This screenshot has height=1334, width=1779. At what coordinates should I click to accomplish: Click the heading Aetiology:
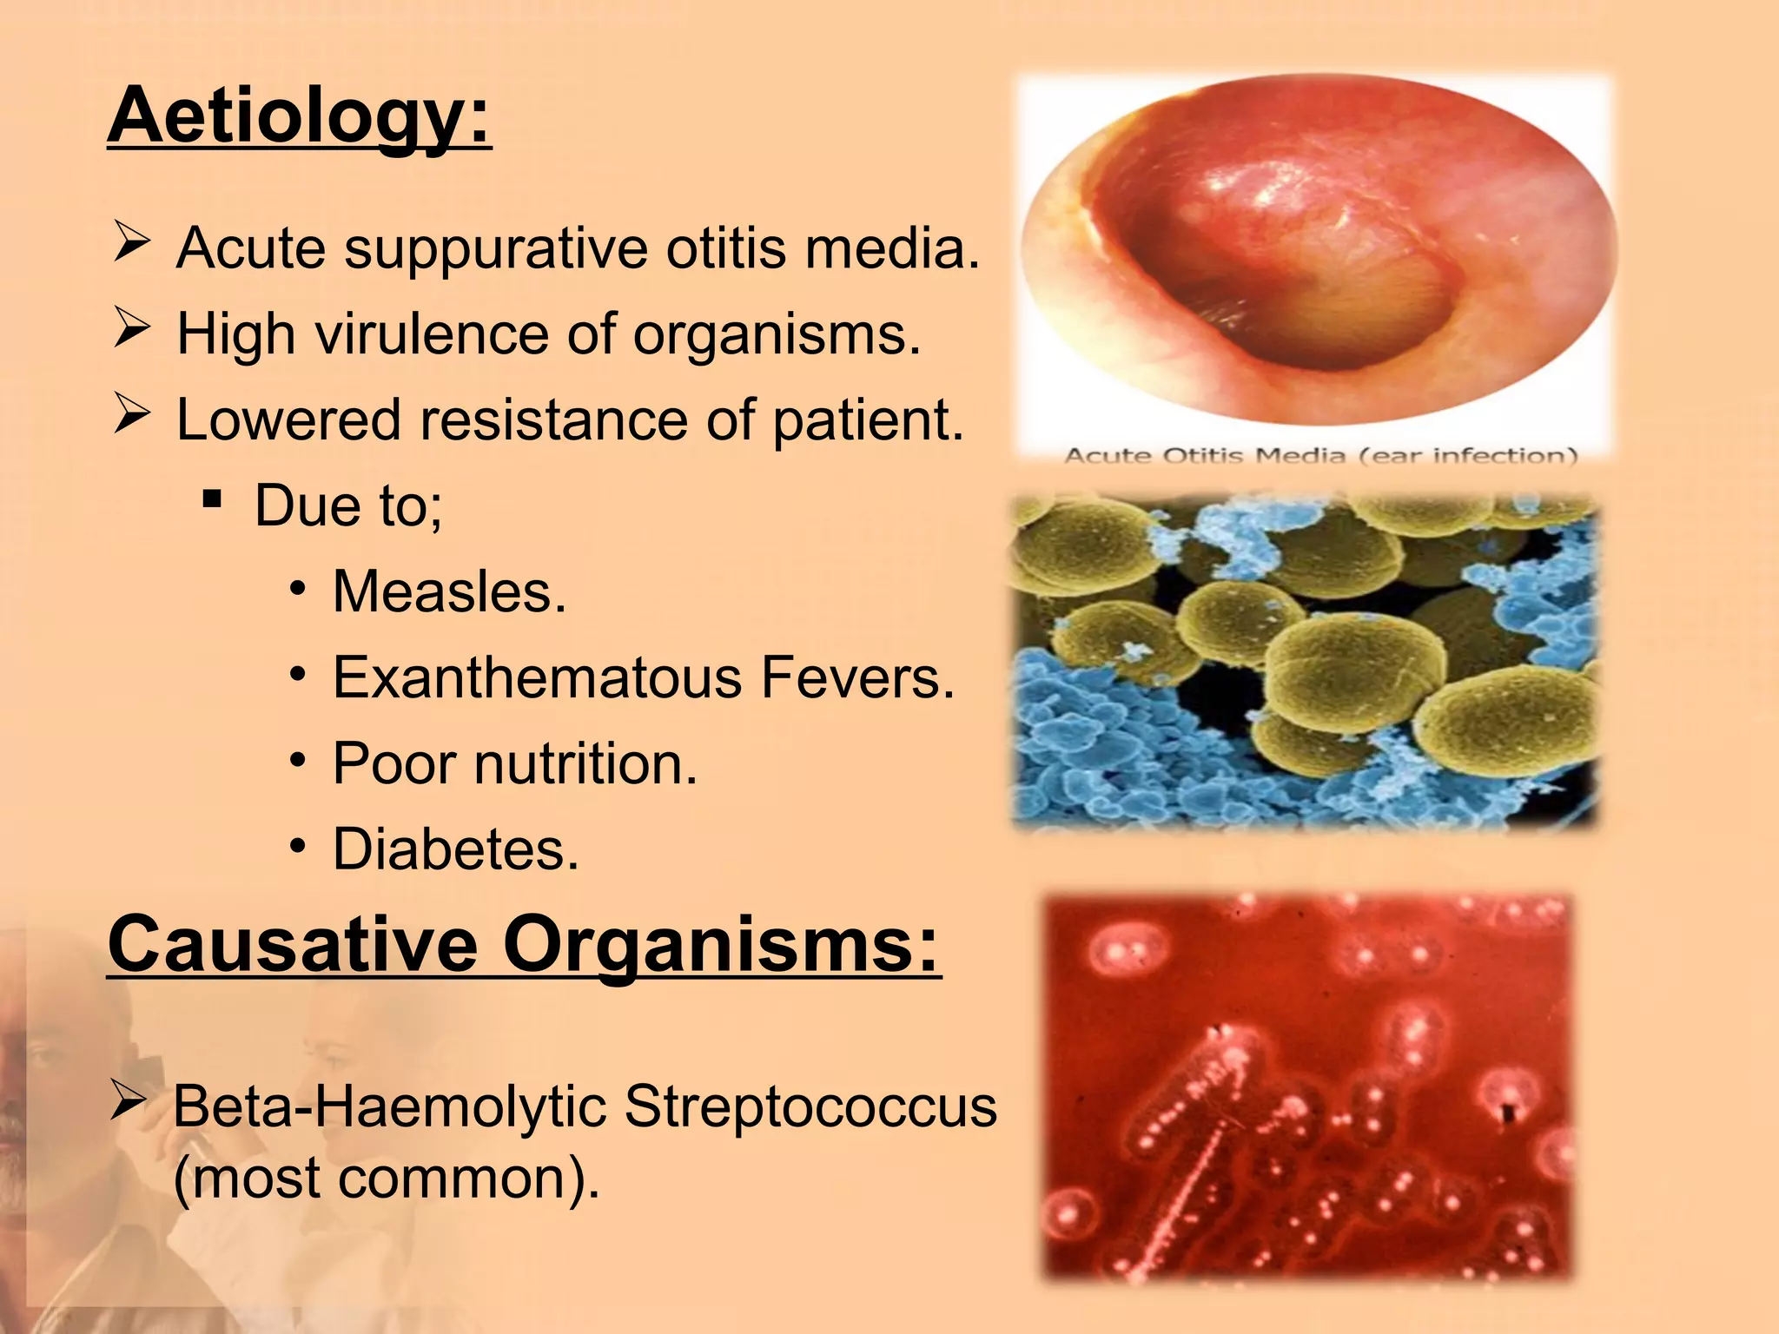point(299,117)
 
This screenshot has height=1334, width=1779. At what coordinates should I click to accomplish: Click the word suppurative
point(496,249)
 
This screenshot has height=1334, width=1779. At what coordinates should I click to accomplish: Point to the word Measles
point(449,592)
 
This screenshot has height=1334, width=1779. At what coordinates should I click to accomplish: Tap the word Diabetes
point(455,849)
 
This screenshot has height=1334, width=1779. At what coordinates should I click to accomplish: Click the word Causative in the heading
point(293,945)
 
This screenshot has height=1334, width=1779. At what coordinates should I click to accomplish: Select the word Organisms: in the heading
point(721,945)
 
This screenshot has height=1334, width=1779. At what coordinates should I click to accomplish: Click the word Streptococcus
point(810,1107)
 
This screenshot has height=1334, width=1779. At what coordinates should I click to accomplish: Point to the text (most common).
point(386,1179)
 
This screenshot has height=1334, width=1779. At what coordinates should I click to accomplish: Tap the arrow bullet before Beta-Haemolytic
point(129,1103)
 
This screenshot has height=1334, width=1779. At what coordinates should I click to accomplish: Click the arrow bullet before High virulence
point(131,330)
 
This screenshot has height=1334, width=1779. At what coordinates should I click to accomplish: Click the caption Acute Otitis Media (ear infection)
point(1320,456)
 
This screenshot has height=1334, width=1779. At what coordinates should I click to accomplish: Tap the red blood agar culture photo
point(1307,1086)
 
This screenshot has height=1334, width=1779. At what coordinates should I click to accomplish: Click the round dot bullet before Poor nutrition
point(298,762)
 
